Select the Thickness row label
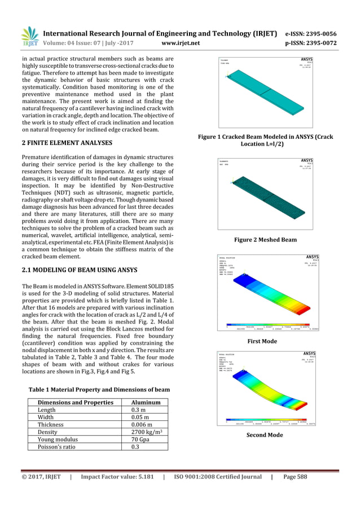[51, 425]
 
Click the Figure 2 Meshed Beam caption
[265, 240]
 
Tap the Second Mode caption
[265, 435]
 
